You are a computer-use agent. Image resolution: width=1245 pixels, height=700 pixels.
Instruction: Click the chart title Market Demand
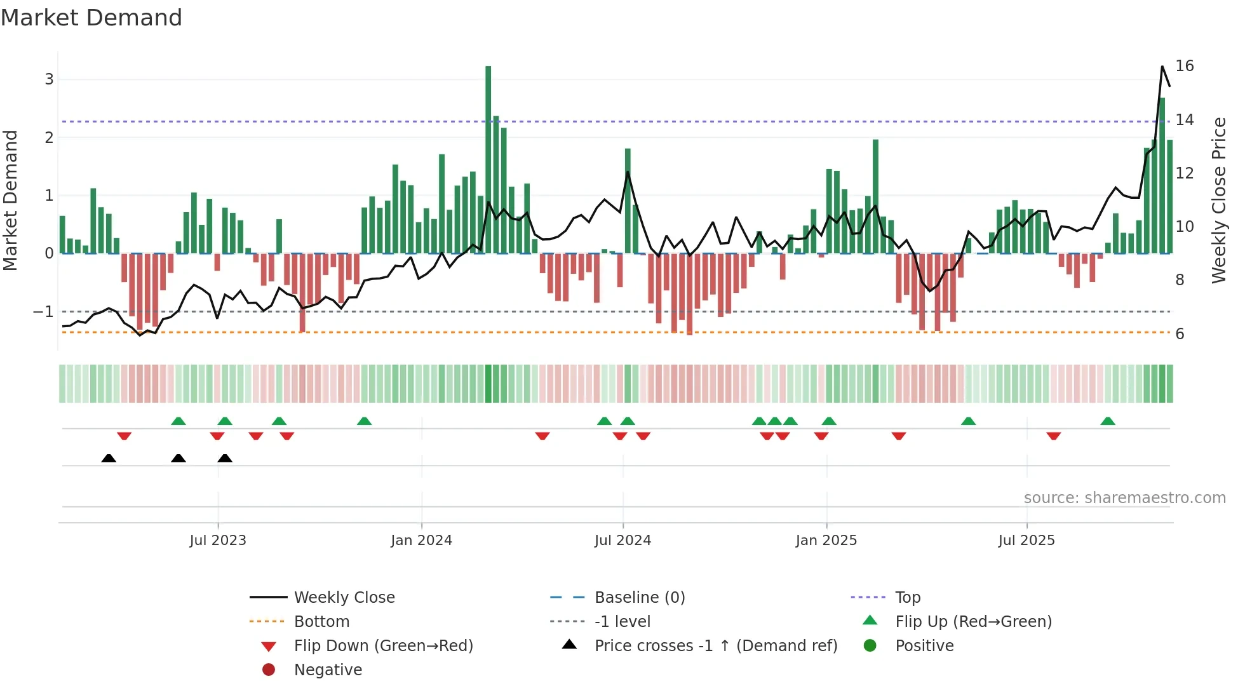[91, 18]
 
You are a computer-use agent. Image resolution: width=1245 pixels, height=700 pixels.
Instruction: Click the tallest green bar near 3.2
[488, 159]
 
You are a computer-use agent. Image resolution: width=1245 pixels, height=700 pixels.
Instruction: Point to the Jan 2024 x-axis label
[421, 541]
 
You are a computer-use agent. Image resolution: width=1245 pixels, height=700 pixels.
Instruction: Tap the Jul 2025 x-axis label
[1026, 541]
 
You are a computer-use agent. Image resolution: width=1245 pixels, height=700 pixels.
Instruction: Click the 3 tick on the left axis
[49, 79]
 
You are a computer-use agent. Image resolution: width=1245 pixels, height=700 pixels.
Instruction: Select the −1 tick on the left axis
[43, 312]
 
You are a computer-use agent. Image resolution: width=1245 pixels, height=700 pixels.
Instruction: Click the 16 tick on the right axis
[1184, 66]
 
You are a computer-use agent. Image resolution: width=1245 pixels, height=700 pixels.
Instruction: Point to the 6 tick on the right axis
[1180, 334]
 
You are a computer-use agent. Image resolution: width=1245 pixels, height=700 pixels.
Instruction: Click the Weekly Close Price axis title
[1218, 200]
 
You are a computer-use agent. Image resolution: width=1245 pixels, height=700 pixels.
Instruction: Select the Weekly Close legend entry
[344, 598]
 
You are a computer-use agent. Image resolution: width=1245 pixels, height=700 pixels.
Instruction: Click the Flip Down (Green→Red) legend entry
[383, 646]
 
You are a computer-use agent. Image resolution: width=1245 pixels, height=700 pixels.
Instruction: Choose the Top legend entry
[907, 598]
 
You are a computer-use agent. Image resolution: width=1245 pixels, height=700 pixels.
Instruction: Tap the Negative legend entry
[328, 670]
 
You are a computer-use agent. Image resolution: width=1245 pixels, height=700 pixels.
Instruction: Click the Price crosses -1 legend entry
[715, 646]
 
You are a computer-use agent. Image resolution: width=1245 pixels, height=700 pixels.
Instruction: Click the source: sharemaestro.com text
[1124, 498]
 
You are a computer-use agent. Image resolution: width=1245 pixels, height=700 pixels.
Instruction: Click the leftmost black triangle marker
[109, 458]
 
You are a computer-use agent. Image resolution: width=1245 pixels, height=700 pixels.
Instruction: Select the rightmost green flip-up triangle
[1108, 421]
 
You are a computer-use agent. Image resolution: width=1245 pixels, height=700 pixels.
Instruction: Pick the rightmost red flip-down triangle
[1054, 436]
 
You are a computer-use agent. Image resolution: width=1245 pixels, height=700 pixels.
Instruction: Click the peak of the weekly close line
[1162, 67]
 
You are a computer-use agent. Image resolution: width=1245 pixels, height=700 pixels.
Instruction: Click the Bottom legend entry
[321, 622]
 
